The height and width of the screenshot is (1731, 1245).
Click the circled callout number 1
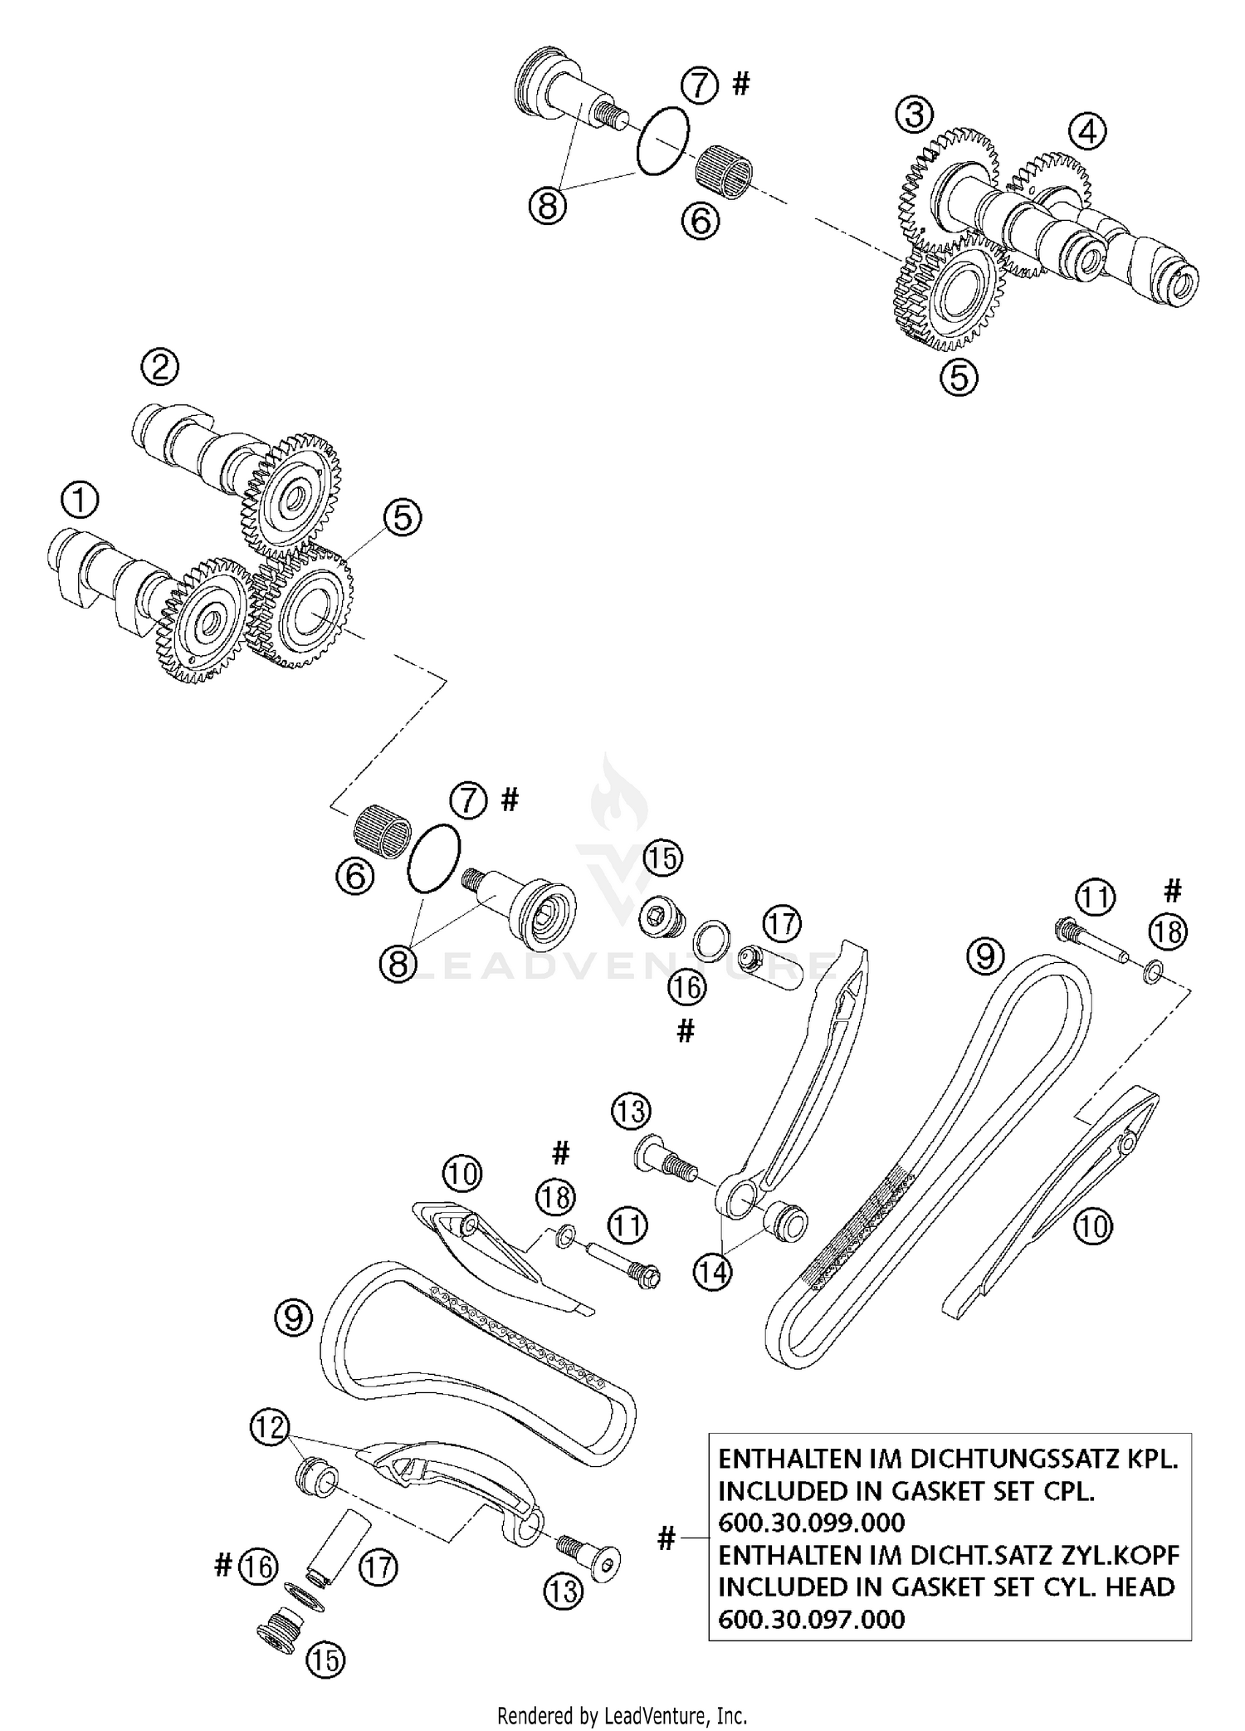[x=80, y=501]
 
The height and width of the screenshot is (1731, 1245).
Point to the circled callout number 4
[x=1086, y=131]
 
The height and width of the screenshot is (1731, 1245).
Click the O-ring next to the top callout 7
[x=662, y=142]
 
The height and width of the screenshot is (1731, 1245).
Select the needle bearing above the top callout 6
[x=723, y=167]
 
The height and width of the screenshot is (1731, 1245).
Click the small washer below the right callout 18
[x=1150, y=971]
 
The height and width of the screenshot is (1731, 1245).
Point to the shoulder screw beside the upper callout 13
[x=664, y=1159]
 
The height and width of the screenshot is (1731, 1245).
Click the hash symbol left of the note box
[x=666, y=1539]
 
